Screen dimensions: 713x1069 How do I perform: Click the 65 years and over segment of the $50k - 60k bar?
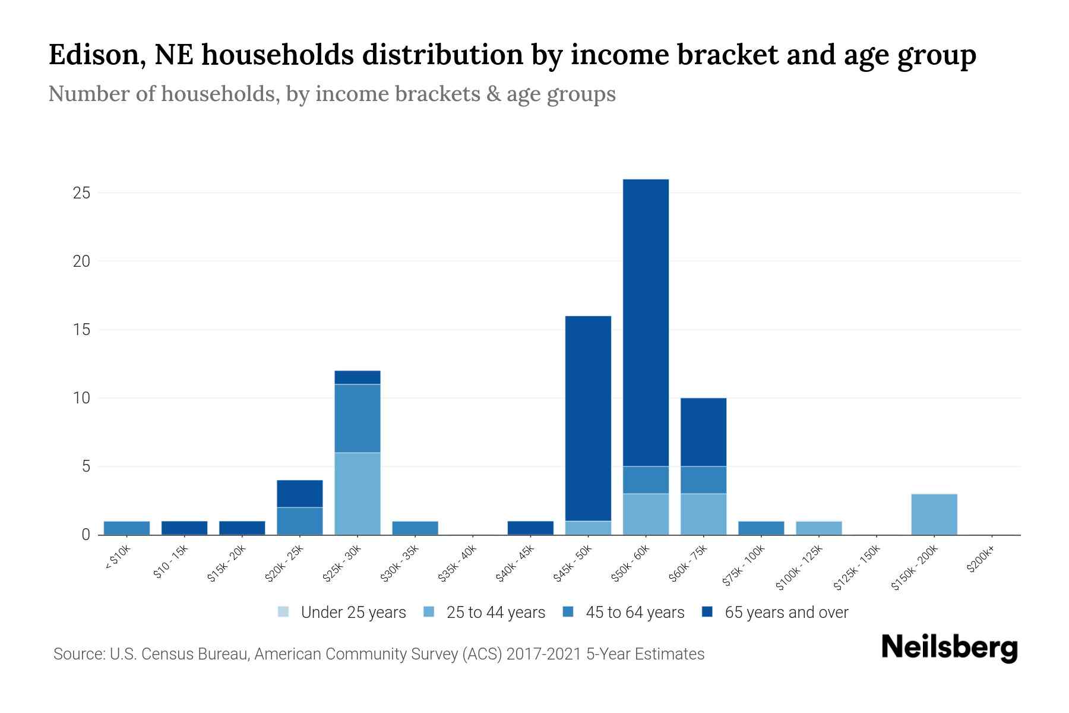[646, 323]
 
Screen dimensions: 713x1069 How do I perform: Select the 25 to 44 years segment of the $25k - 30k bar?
[358, 494]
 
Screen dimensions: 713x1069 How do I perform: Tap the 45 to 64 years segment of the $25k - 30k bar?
[358, 418]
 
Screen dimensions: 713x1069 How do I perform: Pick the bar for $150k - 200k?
[934, 515]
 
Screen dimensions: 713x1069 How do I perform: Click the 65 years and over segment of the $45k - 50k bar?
[588, 418]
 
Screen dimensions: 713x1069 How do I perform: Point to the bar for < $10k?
[126, 528]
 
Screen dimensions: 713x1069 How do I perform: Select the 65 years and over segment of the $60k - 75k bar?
[703, 432]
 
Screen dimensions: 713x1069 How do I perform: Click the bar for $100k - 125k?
[818, 528]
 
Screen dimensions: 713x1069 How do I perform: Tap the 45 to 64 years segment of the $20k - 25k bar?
[300, 521]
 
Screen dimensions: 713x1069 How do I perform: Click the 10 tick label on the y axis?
[81, 398]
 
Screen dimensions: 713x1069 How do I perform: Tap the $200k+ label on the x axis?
[981, 561]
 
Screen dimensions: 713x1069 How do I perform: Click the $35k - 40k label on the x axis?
[458, 565]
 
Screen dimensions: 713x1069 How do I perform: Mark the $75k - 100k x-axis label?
[744, 567]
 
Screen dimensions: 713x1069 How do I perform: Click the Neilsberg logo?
[949, 648]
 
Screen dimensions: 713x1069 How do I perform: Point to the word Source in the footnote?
[78, 654]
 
